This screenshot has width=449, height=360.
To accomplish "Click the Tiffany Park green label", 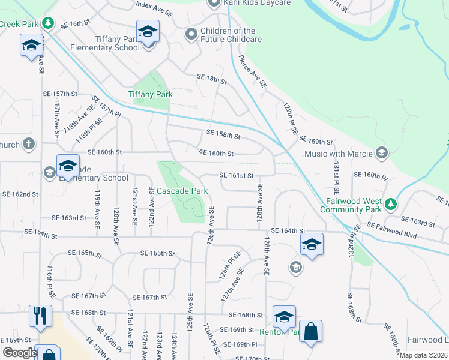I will [x=150, y=94].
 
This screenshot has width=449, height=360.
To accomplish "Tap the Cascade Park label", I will [x=182, y=191].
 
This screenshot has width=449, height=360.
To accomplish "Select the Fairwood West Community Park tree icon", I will [x=391, y=203].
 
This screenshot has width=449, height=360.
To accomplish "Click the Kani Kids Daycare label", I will [x=258, y=3].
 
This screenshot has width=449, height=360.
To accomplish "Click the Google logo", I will [x=19, y=353].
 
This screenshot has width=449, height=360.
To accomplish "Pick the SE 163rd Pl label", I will [x=418, y=223].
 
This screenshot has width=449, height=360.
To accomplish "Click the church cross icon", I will [x=28, y=144].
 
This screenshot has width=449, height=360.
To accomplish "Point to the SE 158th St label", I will [x=223, y=134].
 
